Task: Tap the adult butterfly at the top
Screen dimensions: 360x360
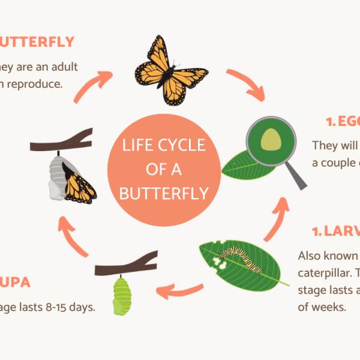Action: [170, 68]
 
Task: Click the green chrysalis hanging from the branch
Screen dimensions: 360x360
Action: [122, 295]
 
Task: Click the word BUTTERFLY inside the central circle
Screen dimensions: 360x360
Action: [163, 194]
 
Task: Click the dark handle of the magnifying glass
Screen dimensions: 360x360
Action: [295, 174]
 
